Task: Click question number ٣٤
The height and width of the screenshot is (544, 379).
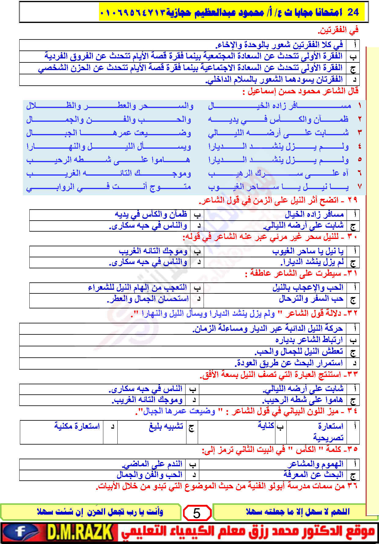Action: [x=352, y=411]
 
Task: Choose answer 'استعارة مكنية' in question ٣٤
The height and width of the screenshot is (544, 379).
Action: [x=77, y=426]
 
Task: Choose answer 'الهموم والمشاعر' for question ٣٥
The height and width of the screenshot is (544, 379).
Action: [x=315, y=464]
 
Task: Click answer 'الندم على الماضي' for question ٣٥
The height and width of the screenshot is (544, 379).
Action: [x=152, y=464]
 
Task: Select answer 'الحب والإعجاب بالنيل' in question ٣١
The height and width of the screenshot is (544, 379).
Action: [x=308, y=288]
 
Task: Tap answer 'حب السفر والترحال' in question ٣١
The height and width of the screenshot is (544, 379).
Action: [x=311, y=299]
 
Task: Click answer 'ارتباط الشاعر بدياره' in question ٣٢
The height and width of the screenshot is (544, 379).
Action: [x=309, y=340]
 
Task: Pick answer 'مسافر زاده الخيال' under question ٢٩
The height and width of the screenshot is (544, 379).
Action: [x=314, y=214]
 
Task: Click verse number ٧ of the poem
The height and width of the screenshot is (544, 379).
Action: [x=359, y=186]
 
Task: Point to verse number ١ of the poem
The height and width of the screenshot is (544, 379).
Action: [x=359, y=106]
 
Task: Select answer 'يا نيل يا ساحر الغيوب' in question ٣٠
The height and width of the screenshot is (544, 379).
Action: [x=308, y=251]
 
